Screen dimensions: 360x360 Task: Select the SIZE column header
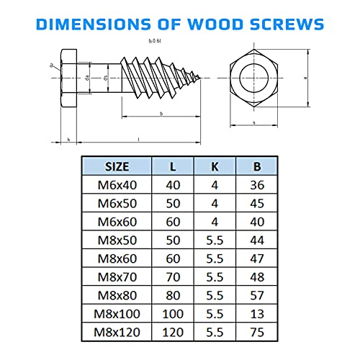tap(117, 166)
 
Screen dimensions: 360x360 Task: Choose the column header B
tap(257, 166)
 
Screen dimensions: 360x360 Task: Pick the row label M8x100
tap(117, 314)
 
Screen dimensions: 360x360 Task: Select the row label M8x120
tap(117, 333)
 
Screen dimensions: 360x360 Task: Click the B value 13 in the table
tap(257, 314)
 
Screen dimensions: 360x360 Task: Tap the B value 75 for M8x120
tap(257, 333)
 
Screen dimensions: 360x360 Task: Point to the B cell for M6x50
tap(257, 203)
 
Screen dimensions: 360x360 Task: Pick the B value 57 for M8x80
tap(257, 295)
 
